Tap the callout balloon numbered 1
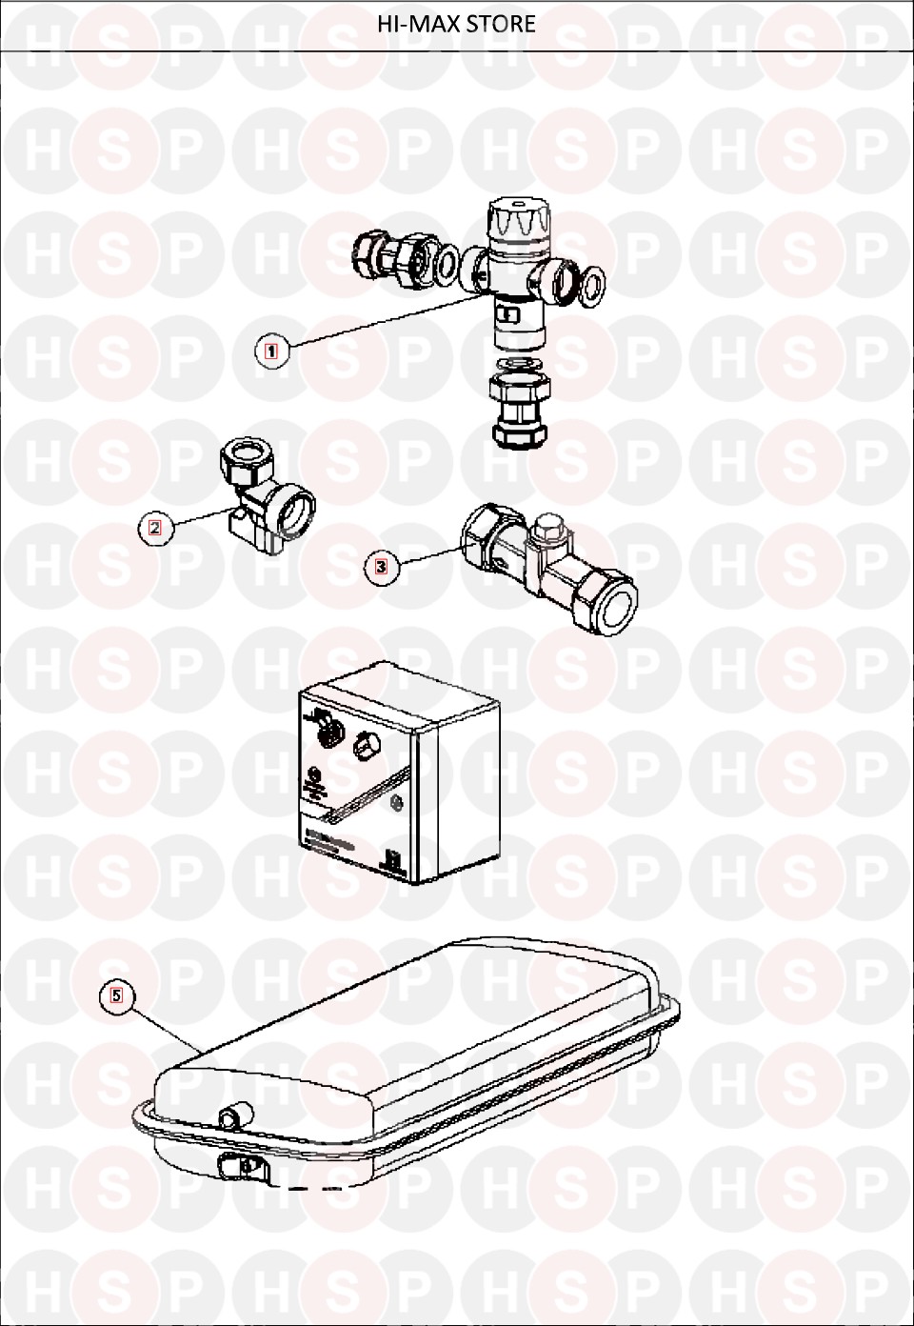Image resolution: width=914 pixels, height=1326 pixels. pos(271,352)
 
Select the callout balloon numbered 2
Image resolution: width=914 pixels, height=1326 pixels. pos(155,528)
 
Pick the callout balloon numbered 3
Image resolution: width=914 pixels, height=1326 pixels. pos(382,567)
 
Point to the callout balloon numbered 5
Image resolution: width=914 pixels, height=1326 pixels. pos(116,995)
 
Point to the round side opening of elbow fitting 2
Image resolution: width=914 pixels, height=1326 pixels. pos(294,511)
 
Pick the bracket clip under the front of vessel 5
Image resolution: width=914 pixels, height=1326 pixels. pos(243,1167)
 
